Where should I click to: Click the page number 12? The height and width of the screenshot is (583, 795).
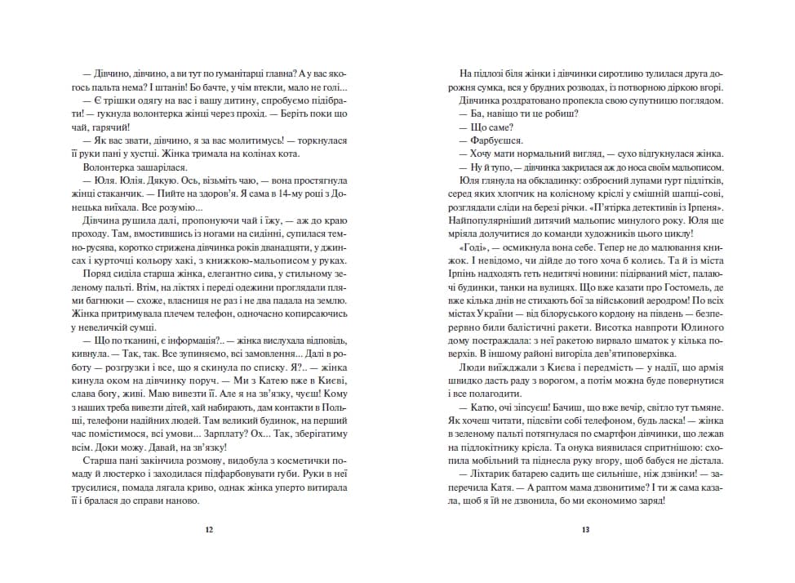coord(209,530)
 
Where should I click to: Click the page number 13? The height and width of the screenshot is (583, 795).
coord(585,530)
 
